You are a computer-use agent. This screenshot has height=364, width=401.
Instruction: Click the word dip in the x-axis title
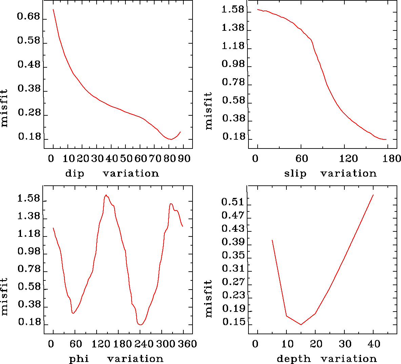point(74,174)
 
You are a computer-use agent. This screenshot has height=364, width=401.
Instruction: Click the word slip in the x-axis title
point(295,174)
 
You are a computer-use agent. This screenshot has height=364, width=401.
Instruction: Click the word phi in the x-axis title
point(79,359)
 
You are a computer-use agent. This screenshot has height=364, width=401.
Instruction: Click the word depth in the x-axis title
point(294,359)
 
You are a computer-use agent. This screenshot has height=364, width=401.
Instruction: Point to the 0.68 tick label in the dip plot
point(29,17)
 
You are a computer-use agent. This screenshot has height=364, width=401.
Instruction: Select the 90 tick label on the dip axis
point(184,159)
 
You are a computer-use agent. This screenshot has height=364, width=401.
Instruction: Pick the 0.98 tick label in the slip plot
point(233,64)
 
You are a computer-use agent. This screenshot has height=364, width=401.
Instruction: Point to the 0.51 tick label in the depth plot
point(233,202)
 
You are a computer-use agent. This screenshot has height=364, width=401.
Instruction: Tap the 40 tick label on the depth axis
point(374,344)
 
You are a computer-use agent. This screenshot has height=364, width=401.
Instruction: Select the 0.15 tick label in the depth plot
point(233,322)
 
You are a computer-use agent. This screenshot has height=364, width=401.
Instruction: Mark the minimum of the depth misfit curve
point(301,325)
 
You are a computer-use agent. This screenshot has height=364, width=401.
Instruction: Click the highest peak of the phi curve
point(106,195)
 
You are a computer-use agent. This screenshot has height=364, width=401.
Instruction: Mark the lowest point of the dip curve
point(171,139)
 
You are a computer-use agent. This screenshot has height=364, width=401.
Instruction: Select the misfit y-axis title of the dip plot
point(4,108)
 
